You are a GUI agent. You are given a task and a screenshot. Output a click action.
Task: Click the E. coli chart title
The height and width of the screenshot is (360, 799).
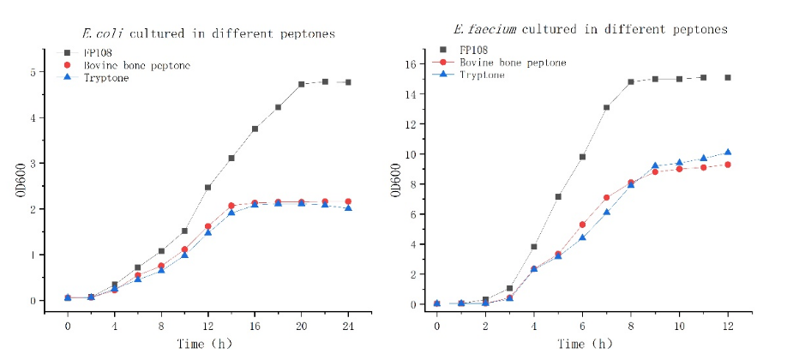click(x=208, y=34)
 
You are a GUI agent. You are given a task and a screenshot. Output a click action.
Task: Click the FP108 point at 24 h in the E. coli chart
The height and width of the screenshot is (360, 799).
click(x=347, y=82)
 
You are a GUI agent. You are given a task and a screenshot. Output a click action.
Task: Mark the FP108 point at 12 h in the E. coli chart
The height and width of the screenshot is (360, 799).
click(x=207, y=187)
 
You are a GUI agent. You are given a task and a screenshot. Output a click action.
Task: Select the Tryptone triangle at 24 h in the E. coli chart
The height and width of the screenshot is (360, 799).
click(x=347, y=207)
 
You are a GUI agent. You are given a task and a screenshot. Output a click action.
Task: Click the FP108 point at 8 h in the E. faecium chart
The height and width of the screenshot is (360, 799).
click(x=630, y=82)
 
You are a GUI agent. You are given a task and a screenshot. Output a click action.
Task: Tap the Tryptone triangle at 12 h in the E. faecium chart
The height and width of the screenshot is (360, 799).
click(x=728, y=153)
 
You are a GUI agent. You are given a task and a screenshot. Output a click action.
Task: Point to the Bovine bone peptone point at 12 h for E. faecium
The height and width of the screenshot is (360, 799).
click(x=728, y=165)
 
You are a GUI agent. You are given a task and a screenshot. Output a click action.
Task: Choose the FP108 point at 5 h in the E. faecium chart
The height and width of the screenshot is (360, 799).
click(x=558, y=196)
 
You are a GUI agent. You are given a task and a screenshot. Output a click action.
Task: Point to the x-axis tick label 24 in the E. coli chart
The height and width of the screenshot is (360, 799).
click(x=347, y=327)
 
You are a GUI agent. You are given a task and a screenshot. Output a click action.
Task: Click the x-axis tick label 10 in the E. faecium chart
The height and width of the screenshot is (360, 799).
click(x=679, y=327)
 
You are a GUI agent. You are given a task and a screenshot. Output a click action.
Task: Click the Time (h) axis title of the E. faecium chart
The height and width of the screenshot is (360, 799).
click(x=583, y=345)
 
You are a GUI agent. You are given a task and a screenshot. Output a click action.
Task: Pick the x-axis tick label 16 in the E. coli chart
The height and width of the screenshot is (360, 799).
click(x=254, y=327)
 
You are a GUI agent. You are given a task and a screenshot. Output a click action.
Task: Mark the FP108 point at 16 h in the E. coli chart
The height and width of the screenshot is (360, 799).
click(x=255, y=129)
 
